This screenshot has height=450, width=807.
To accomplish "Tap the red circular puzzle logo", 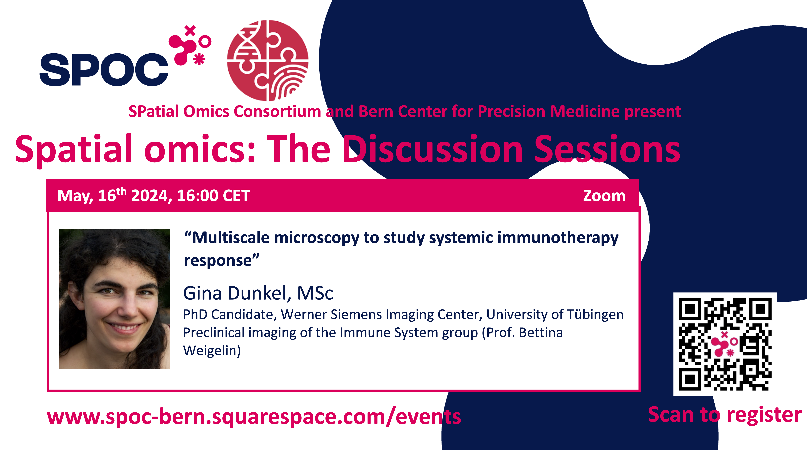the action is click(x=267, y=60).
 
